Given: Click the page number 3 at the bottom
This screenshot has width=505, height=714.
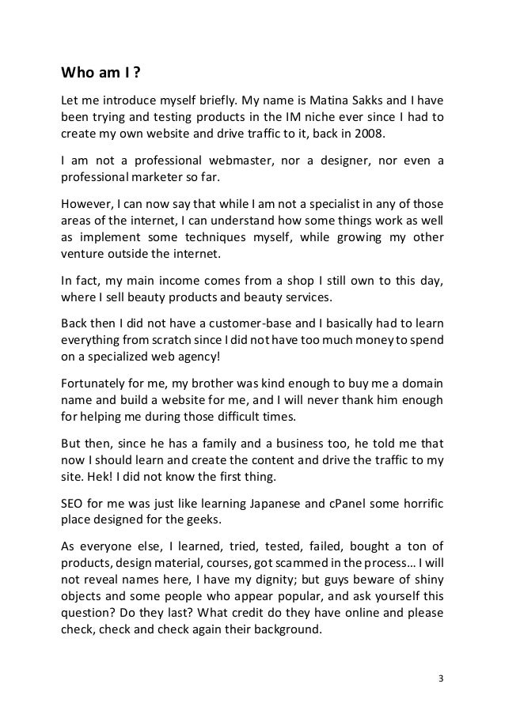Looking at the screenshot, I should point(439,678).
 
